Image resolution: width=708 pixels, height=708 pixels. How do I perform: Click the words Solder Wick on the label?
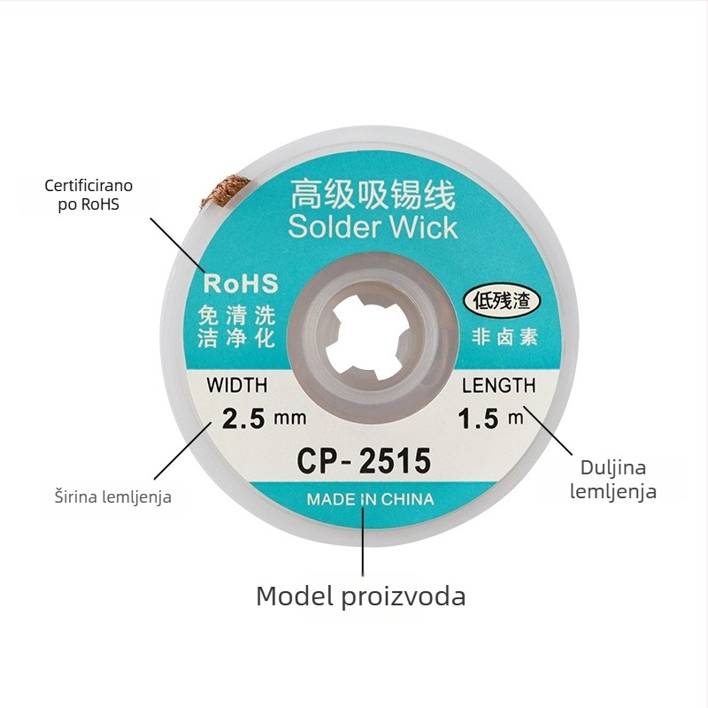tap(373, 227)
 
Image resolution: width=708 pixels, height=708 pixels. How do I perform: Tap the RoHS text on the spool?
tap(241, 283)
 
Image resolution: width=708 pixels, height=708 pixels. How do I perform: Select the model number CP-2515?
tap(364, 460)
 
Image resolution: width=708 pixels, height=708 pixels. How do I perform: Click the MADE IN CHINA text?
tap(370, 499)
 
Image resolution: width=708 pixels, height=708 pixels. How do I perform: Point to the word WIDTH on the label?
tap(237, 385)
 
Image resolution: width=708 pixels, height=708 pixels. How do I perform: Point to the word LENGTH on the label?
tap(499, 385)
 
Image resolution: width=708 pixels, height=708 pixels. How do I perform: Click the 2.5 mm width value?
tap(264, 418)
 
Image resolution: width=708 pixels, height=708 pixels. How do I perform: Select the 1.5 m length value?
tap(491, 418)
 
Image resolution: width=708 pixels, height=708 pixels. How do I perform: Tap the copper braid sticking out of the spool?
tap(225, 191)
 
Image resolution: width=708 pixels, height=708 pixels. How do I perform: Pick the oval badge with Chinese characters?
tap(502, 301)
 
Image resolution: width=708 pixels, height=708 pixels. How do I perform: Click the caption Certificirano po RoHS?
tap(88, 195)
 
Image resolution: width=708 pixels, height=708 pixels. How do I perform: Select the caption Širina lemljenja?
tap(113, 496)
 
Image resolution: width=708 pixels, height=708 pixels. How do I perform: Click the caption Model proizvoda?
tap(361, 596)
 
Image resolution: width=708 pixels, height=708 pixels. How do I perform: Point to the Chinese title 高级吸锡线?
tap(373, 195)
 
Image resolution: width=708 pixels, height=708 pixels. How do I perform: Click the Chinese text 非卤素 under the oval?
tap(504, 337)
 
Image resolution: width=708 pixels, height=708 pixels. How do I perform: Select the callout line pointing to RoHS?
tap(177, 245)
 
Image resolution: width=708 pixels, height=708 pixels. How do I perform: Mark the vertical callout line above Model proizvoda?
tap(363, 541)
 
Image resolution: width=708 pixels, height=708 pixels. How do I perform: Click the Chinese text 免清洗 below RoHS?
tap(236, 315)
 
